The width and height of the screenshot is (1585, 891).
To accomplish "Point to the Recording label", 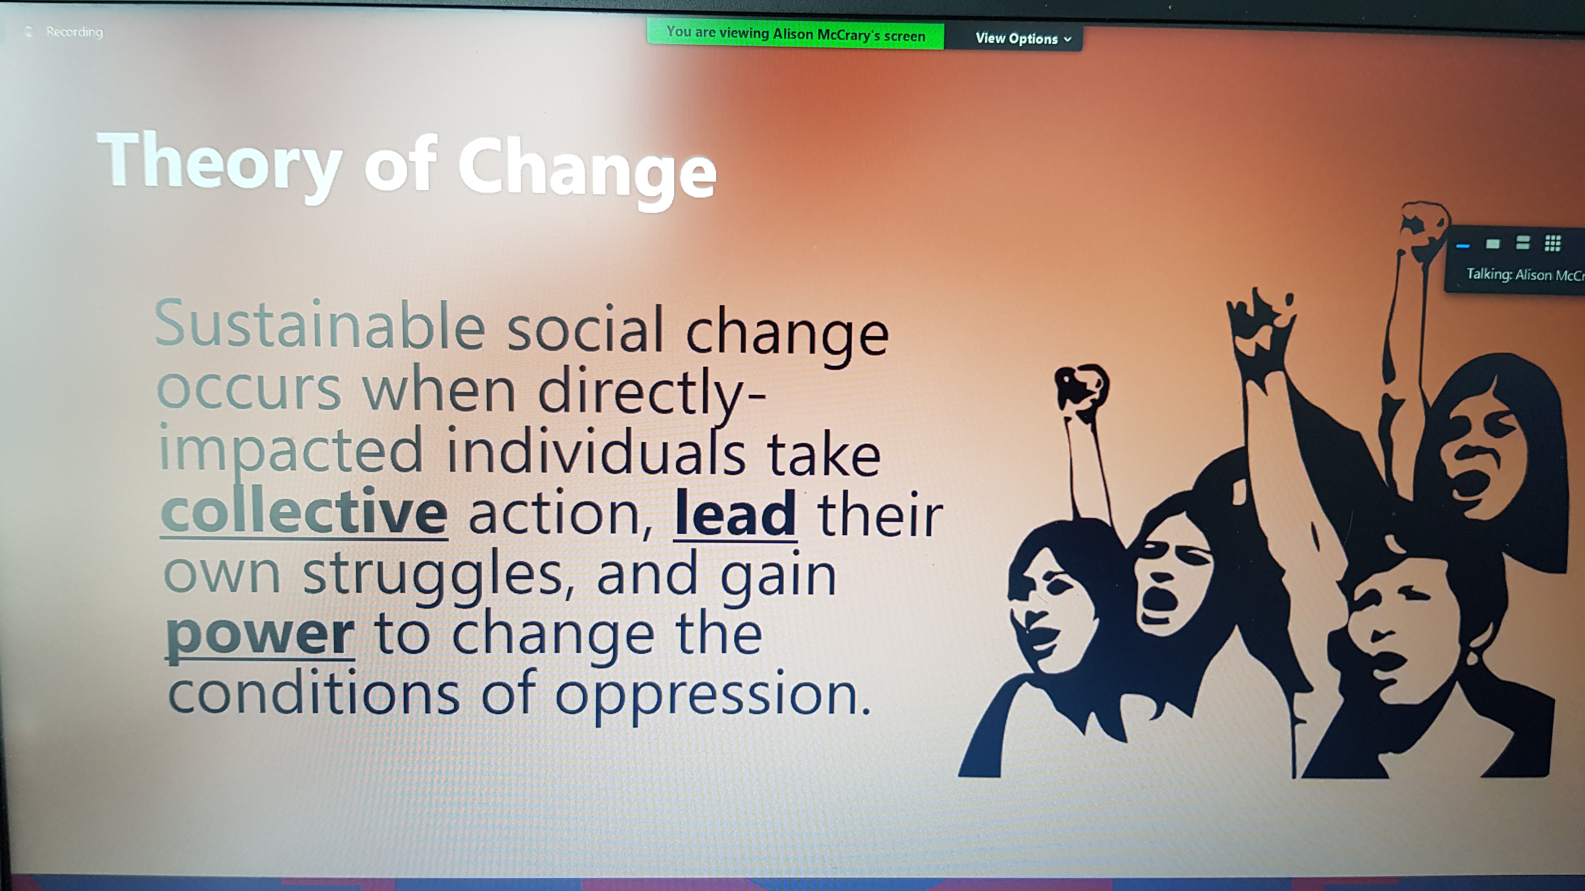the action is click(x=74, y=31).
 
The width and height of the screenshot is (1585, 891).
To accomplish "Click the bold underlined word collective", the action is click(x=304, y=511).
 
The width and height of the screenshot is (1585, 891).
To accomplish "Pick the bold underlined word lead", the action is click(x=735, y=514).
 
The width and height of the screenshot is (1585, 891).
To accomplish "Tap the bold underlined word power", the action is click(x=260, y=636).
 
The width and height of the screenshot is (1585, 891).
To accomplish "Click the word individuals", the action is click(x=596, y=451).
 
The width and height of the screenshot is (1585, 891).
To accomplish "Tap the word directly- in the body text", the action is click(x=652, y=391).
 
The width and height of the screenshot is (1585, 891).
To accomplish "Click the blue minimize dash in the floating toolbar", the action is click(x=1463, y=246).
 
